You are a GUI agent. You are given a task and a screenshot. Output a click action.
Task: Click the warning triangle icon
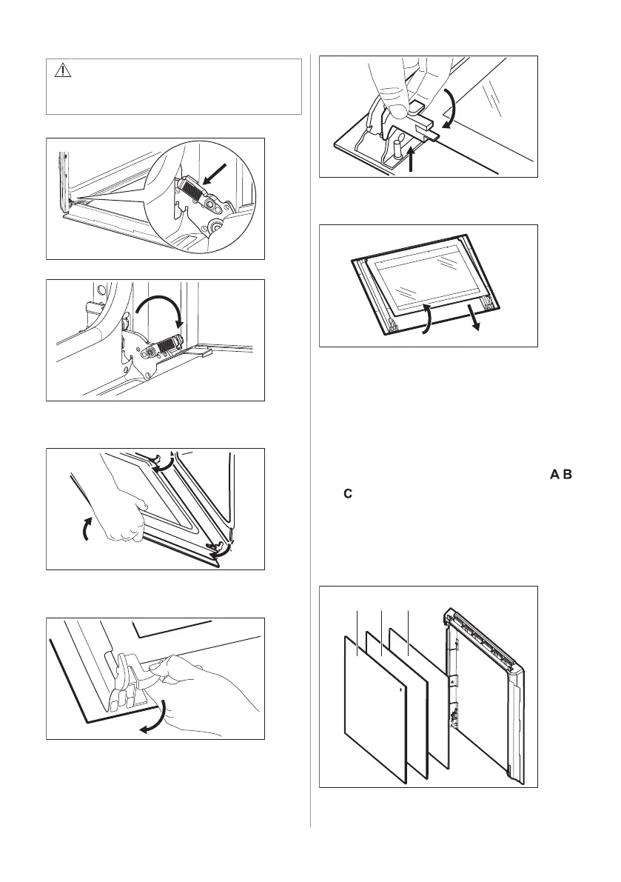(x=63, y=70)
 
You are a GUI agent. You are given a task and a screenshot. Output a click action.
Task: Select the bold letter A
(x=554, y=475)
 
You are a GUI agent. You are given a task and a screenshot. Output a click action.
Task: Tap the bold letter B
(x=567, y=475)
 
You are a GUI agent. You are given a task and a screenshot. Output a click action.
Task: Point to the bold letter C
(x=348, y=494)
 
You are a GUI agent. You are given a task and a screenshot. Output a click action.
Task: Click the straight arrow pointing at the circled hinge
(x=216, y=174)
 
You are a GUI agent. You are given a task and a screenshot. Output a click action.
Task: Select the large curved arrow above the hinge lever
(x=160, y=307)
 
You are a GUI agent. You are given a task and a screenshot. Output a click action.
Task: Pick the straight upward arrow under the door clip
(x=413, y=158)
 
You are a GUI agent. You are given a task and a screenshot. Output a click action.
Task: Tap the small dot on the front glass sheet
(x=400, y=688)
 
